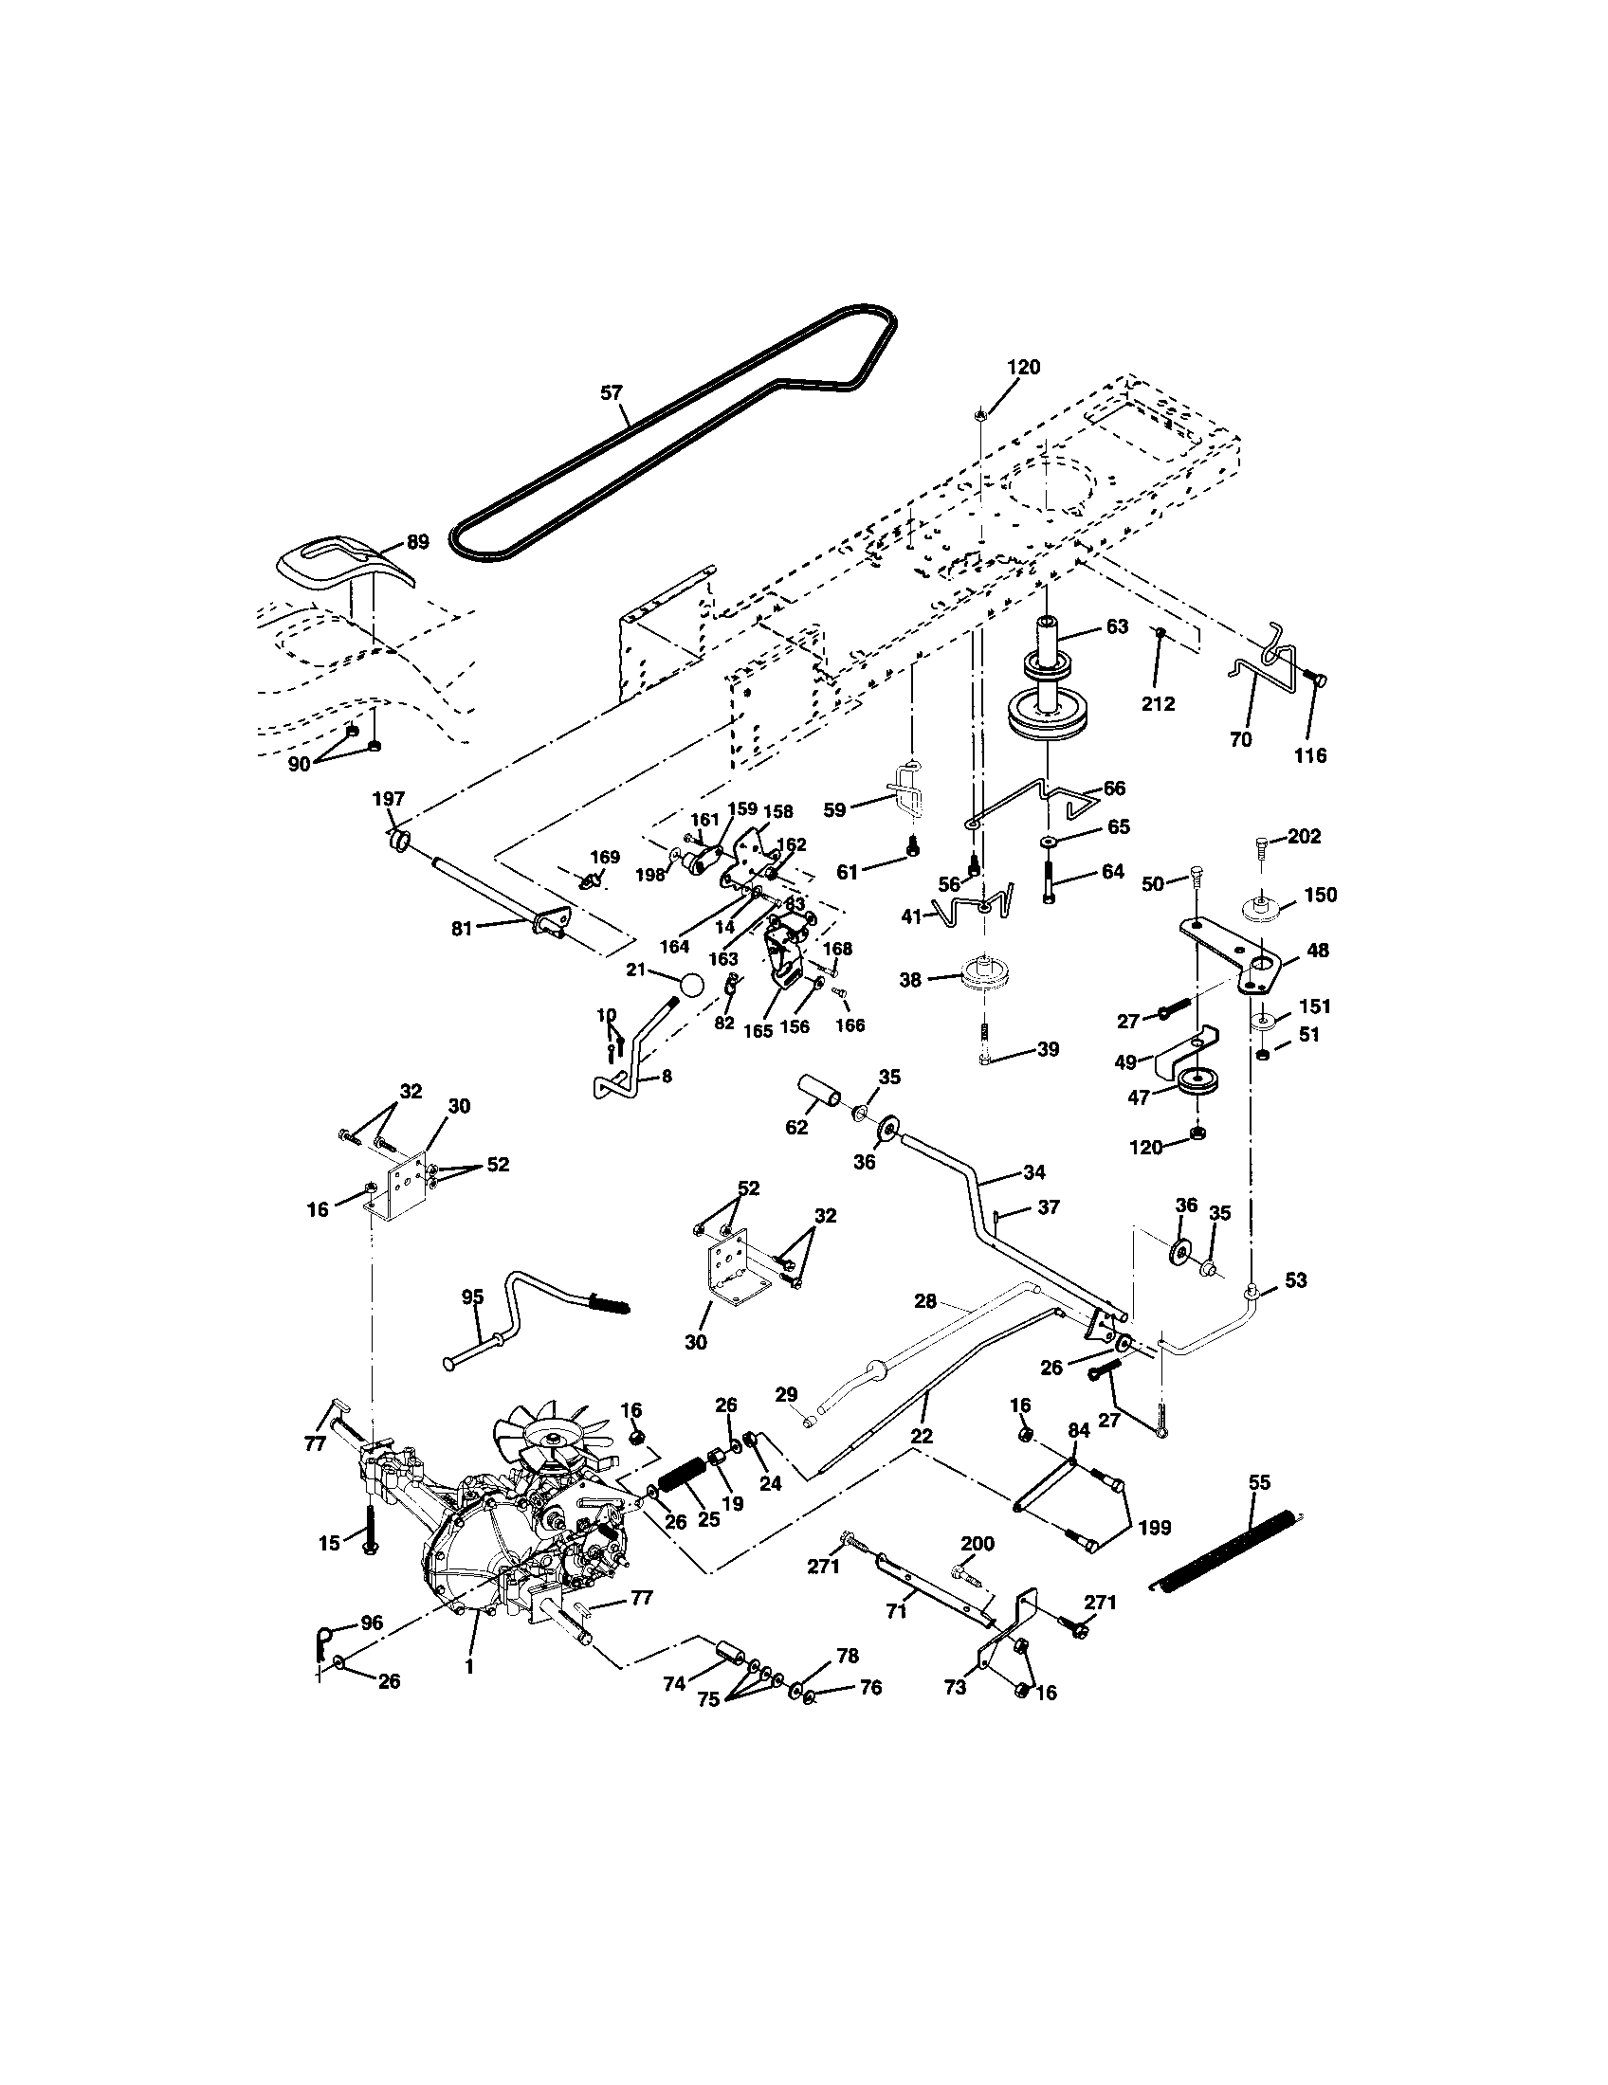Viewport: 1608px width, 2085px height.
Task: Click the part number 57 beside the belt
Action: tap(611, 392)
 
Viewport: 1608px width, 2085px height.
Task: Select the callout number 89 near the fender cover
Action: tap(417, 541)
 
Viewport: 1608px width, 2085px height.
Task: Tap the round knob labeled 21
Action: tap(692, 984)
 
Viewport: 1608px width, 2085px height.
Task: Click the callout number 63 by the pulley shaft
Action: tap(1116, 626)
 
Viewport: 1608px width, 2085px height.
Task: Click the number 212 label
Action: tap(1158, 703)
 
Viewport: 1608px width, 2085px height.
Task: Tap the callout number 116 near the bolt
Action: tap(1310, 755)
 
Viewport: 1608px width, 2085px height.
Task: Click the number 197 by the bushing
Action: tap(390, 799)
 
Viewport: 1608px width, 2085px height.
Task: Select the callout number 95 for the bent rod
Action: tap(473, 1296)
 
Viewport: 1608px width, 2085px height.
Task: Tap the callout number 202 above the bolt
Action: tap(1305, 836)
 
